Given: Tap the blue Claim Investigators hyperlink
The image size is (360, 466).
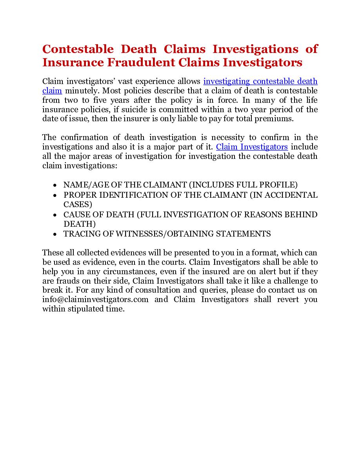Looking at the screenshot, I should click(252, 147).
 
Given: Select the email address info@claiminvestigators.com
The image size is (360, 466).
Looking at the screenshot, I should click(95, 300).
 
